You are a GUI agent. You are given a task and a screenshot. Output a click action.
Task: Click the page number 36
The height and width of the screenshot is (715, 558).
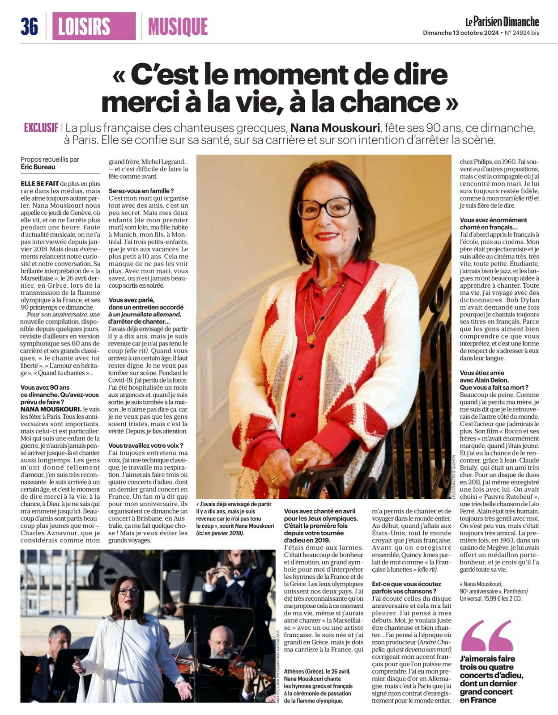tap(29, 27)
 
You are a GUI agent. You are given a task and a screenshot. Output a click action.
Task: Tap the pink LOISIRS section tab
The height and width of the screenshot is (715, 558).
tap(94, 26)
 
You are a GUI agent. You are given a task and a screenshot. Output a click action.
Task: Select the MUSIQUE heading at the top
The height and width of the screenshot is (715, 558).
tap(178, 27)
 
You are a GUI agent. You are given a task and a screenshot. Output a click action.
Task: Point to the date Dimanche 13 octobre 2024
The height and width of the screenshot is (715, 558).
tap(461, 33)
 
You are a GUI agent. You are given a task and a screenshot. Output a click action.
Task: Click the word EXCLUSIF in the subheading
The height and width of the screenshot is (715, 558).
tap(41, 128)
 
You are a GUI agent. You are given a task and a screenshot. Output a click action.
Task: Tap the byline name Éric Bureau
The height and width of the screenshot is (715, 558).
tap(38, 167)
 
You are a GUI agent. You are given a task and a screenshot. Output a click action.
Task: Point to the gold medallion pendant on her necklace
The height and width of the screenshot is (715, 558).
tap(310, 339)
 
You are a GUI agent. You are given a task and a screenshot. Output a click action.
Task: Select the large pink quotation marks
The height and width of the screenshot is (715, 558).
tap(487, 635)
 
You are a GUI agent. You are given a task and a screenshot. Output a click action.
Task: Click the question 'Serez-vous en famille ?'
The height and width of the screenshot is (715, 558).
tap(141, 191)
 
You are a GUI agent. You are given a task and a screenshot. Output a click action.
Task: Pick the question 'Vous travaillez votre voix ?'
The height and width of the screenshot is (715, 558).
tap(146, 446)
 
